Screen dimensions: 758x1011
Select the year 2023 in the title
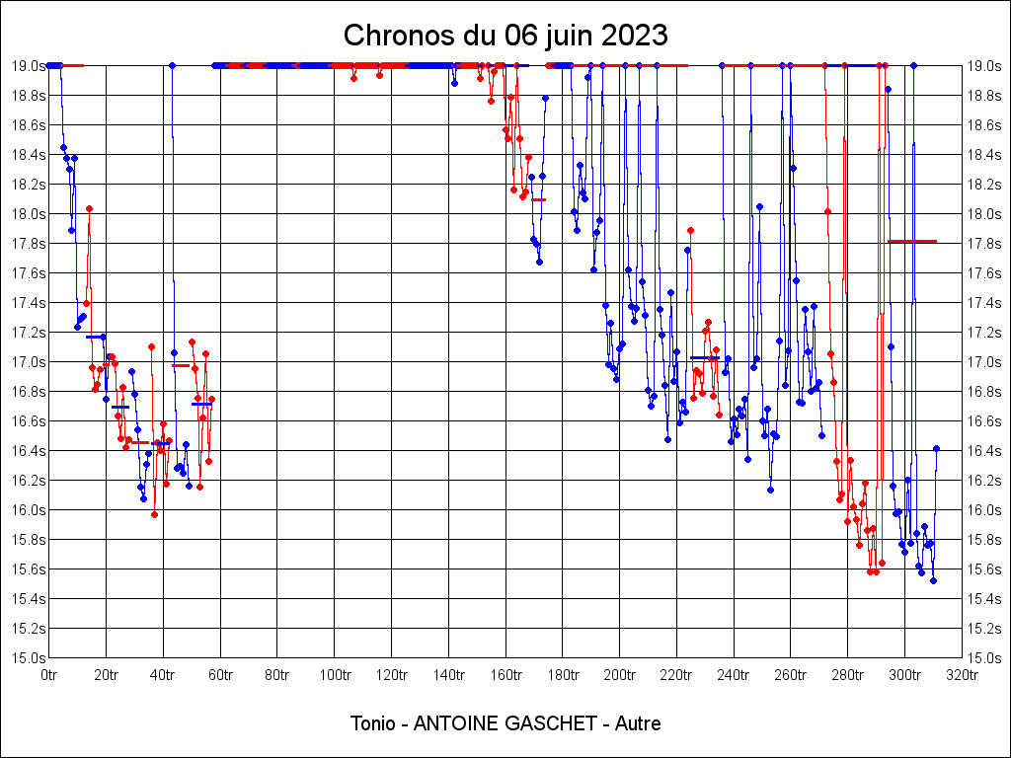click(x=636, y=36)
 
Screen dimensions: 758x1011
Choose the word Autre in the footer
click(x=638, y=723)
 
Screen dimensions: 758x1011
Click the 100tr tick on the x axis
click(x=335, y=675)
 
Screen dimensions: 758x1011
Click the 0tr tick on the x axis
click(x=49, y=675)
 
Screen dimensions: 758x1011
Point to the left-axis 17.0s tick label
click(x=28, y=362)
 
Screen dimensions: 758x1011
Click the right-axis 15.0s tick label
click(x=984, y=658)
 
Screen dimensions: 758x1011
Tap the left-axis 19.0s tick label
click(x=28, y=66)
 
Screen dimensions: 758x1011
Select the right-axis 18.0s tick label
click(x=984, y=214)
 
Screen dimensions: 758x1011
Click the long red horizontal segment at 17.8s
click(x=912, y=241)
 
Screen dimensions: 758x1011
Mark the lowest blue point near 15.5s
click(x=933, y=580)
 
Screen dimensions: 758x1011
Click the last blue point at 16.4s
click(x=936, y=448)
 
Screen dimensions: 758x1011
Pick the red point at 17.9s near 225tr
click(x=690, y=230)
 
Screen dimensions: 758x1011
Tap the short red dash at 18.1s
click(x=538, y=199)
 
